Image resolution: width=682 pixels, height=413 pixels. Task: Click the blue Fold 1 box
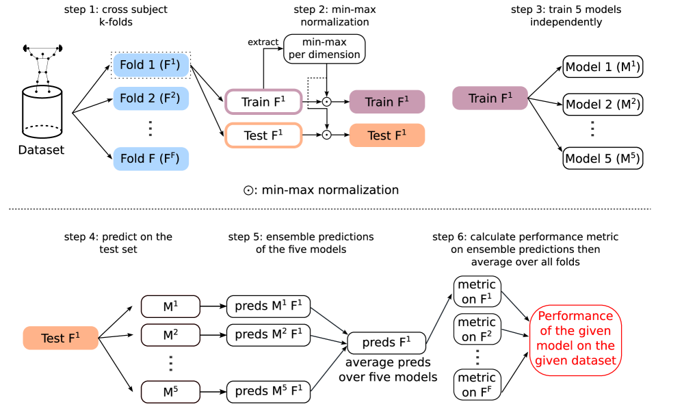pyautogui.click(x=150, y=65)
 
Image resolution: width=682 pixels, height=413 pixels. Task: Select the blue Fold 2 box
pyautogui.click(x=150, y=98)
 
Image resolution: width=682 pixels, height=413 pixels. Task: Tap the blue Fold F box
pyautogui.click(x=150, y=159)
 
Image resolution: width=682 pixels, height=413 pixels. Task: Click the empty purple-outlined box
pyautogui.click(x=263, y=102)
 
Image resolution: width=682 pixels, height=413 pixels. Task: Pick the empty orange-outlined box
pyautogui.click(x=263, y=135)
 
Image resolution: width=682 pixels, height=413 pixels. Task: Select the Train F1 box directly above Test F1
pyautogui.click(x=386, y=102)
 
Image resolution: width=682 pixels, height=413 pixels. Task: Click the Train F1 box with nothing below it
pyautogui.click(x=490, y=98)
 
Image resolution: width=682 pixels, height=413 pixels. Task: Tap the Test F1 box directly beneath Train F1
pyautogui.click(x=386, y=135)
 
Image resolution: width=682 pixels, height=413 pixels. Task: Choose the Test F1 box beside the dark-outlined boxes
pyautogui.click(x=60, y=338)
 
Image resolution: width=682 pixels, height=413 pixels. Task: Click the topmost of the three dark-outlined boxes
pyautogui.click(x=170, y=306)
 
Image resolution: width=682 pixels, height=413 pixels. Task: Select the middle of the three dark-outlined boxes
pyautogui.click(x=170, y=335)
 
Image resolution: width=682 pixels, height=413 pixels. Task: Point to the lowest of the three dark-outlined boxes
pyautogui.click(x=170, y=392)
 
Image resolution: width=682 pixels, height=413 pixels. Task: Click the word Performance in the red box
pyautogui.click(x=575, y=316)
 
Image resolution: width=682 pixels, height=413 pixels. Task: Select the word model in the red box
pyautogui.click(x=554, y=346)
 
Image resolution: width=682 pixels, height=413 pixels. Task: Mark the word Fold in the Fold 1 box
pyautogui.click(x=131, y=66)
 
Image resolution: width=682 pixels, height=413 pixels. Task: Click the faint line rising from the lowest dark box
pyautogui.click(x=327, y=371)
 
